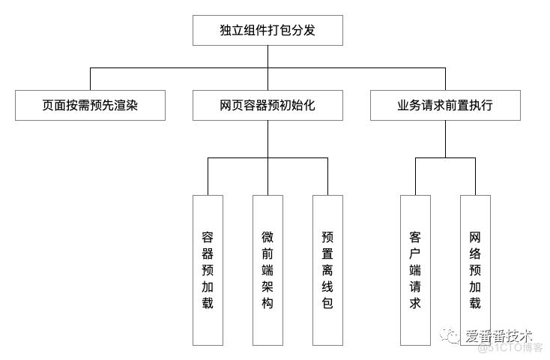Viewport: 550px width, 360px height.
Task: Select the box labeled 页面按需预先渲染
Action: coord(90,106)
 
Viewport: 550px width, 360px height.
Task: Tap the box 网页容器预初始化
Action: coord(268,106)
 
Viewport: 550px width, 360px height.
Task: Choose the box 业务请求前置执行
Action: coord(445,106)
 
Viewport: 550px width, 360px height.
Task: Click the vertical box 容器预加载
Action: coord(208,270)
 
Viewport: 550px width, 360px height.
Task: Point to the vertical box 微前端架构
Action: coord(268,270)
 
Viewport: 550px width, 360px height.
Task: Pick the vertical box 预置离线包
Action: coord(327,270)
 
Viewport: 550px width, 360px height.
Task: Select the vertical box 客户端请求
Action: coord(415,270)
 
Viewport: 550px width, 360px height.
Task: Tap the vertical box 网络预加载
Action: coord(475,270)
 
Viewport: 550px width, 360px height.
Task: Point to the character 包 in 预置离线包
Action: coord(327,304)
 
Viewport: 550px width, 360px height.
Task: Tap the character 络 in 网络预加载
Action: coord(475,253)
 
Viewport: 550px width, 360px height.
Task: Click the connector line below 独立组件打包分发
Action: coord(268,57)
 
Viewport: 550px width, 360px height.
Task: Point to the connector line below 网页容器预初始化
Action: coord(268,139)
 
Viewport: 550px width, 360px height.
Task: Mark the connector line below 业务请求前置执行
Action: coord(445,139)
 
